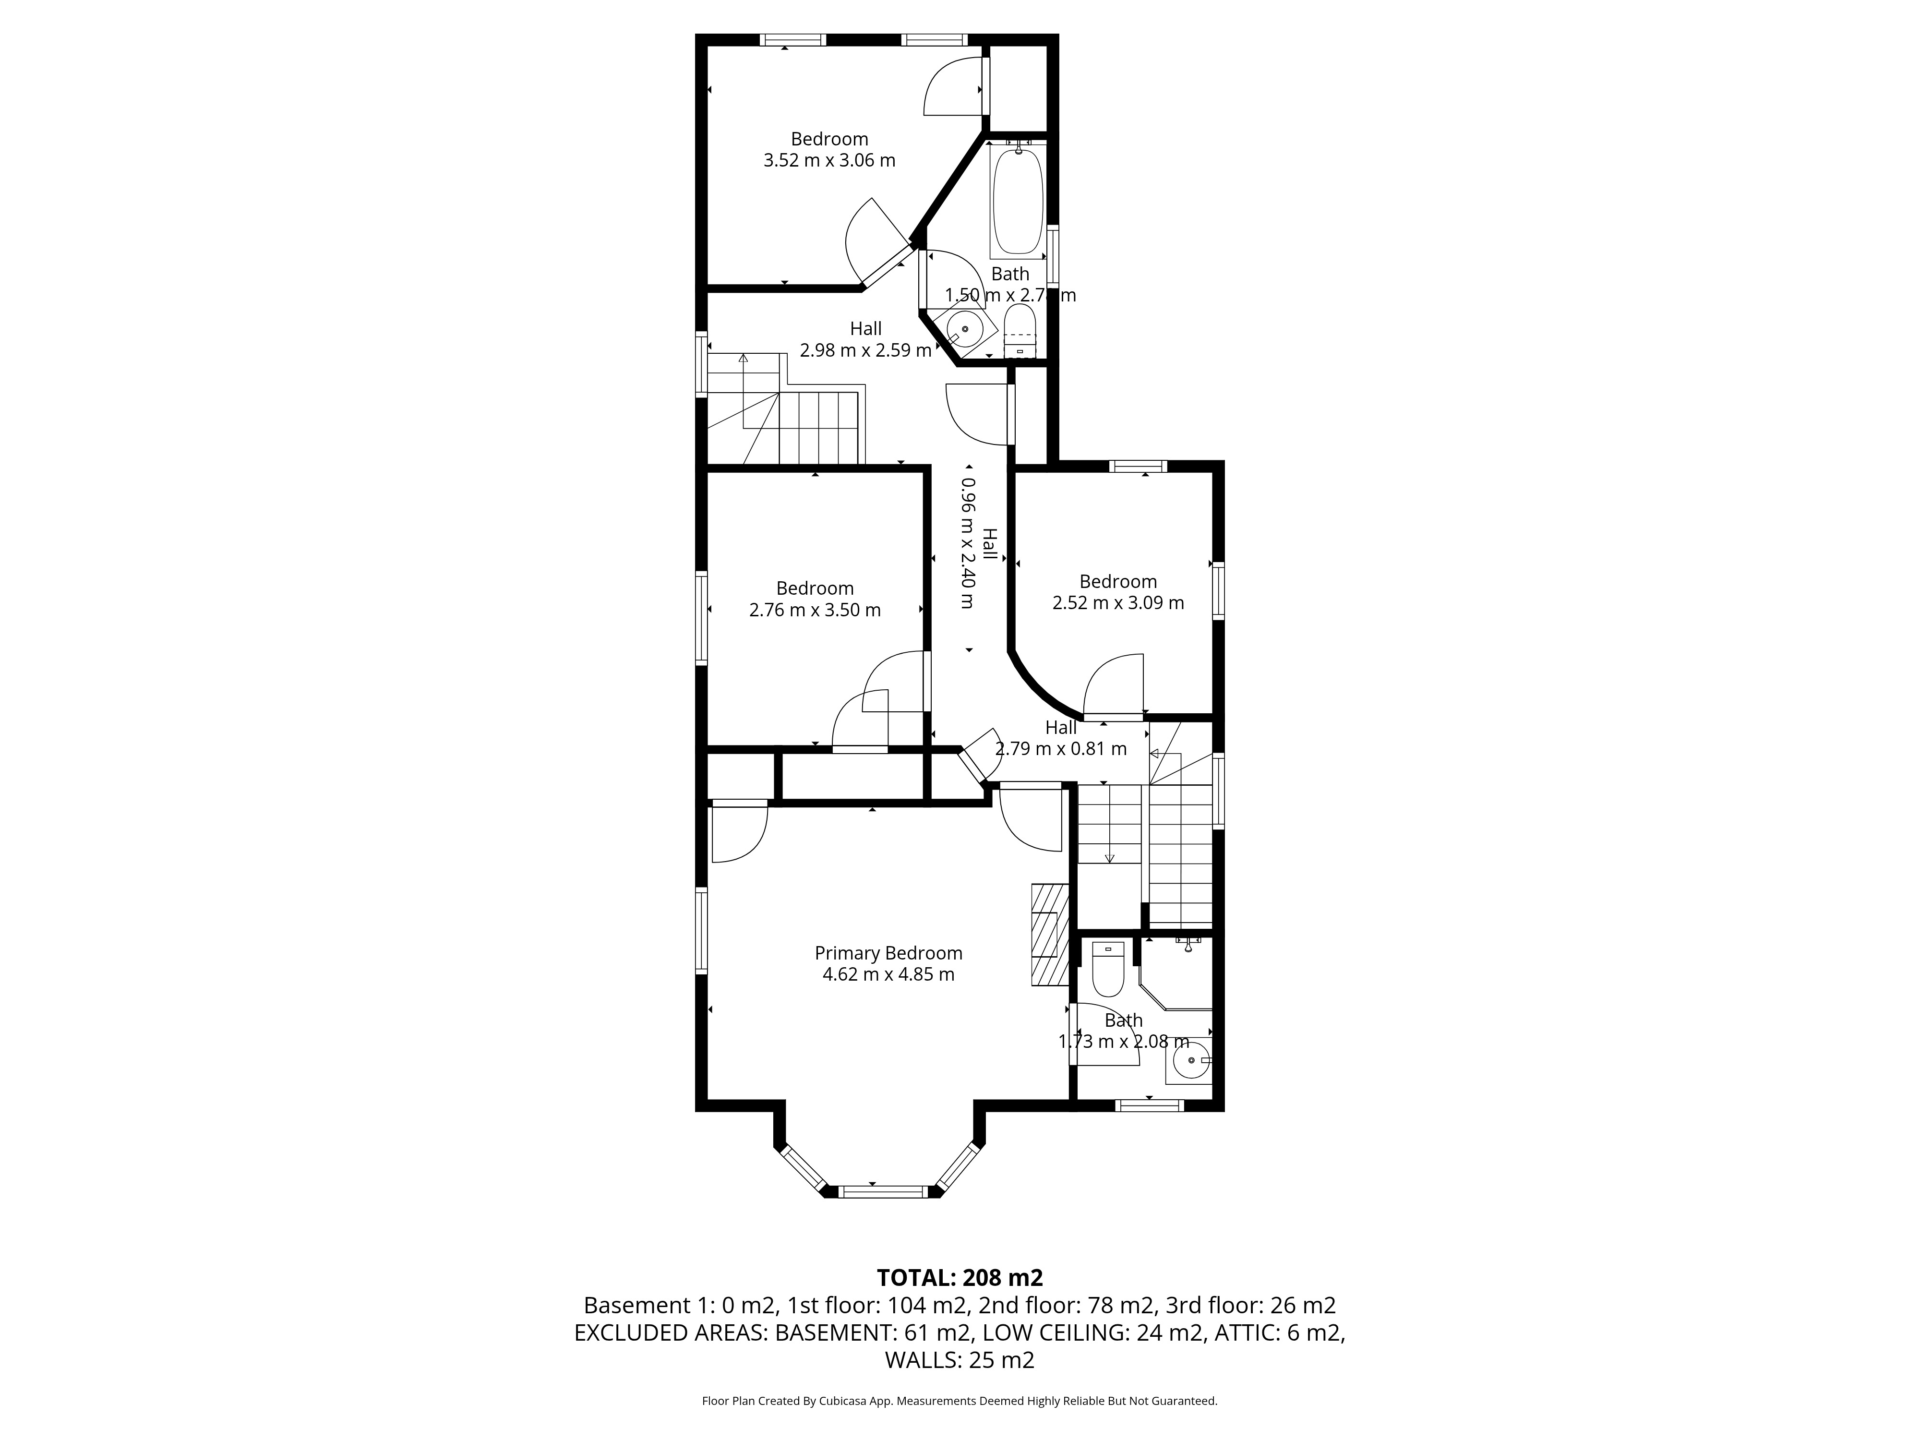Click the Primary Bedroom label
(x=888, y=953)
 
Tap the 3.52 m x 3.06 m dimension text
(x=829, y=161)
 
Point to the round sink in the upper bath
(x=964, y=330)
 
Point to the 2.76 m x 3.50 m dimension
(x=815, y=610)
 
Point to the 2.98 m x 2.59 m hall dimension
(x=865, y=351)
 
